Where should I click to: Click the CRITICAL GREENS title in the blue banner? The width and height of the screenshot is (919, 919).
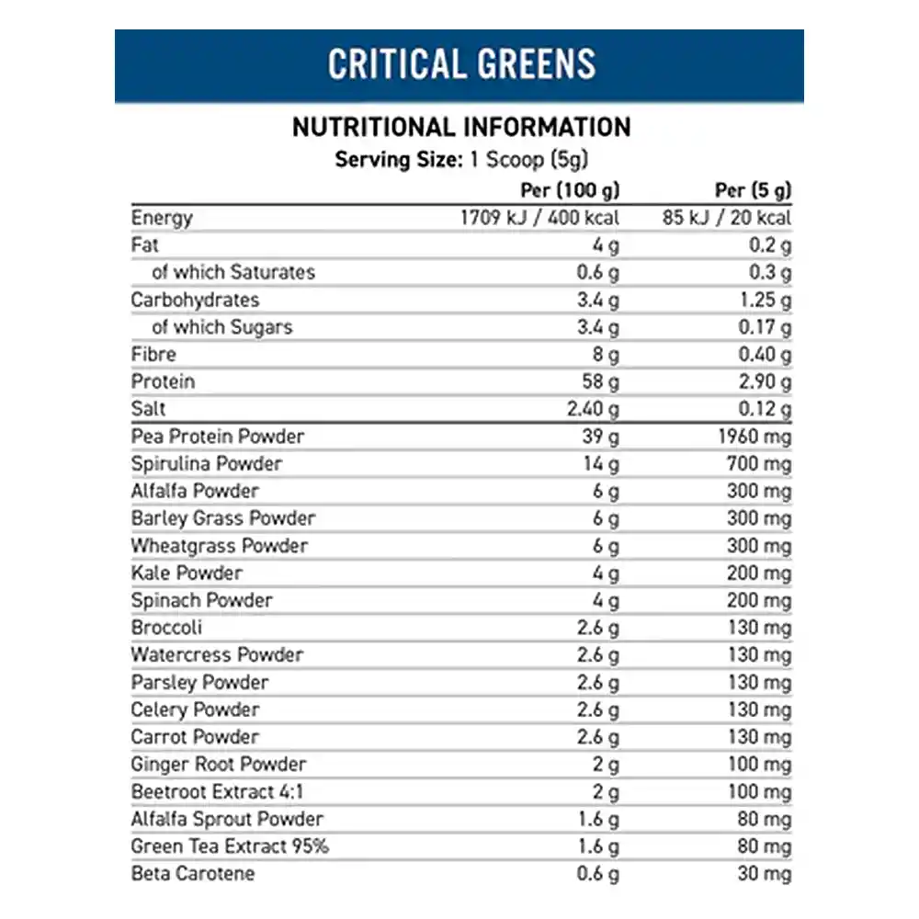click(461, 65)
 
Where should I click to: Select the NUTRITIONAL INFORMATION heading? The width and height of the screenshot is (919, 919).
click(461, 127)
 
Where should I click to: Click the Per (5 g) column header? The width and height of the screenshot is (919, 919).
click(753, 190)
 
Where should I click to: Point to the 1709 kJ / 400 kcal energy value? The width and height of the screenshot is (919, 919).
click(539, 218)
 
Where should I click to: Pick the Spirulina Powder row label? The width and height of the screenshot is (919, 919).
click(207, 463)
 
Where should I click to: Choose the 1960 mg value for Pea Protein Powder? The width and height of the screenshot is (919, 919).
click(754, 437)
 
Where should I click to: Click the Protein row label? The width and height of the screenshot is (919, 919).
click(164, 381)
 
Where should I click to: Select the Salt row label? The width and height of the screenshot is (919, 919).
click(149, 409)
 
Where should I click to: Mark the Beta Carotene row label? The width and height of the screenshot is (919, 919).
click(193, 873)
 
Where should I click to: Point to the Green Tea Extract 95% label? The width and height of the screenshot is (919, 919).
click(230, 846)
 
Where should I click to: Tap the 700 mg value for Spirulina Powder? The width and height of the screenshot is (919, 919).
click(758, 463)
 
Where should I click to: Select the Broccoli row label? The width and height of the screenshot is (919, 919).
click(166, 628)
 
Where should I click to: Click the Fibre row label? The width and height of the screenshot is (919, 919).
click(153, 355)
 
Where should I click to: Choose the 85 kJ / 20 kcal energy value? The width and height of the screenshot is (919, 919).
click(733, 218)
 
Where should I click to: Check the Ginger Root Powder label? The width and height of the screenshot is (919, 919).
click(219, 764)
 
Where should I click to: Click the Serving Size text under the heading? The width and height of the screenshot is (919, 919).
click(461, 159)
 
